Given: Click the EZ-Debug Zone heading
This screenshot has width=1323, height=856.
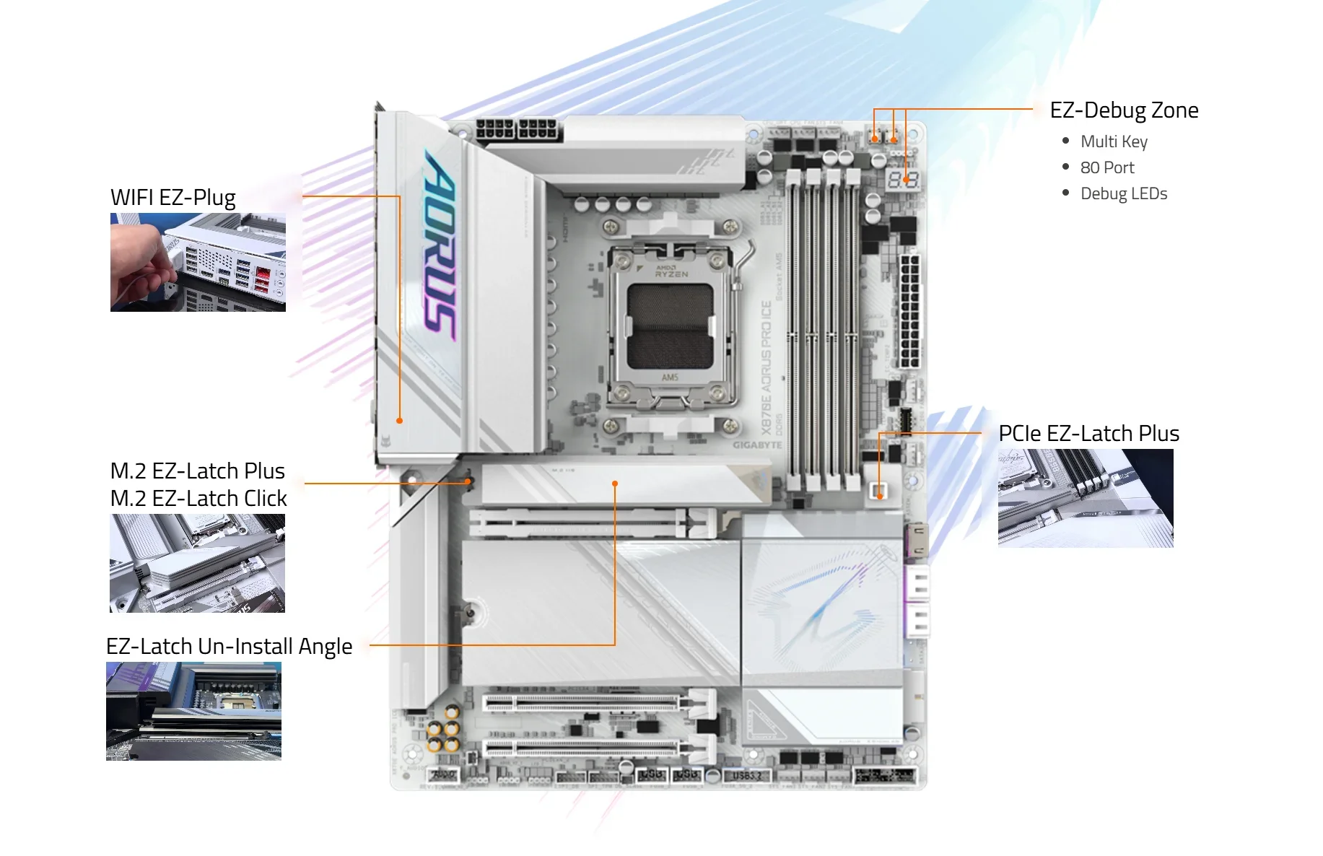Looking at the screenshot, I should pyautogui.click(x=1124, y=110).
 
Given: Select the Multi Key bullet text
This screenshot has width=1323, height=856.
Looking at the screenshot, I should pyautogui.click(x=1114, y=141).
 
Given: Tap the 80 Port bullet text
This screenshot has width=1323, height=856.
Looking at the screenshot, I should pyautogui.click(x=1107, y=167).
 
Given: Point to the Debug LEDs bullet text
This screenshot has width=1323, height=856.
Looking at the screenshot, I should pyautogui.click(x=1124, y=193).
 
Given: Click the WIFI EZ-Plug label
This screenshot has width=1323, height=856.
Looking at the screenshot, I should pyautogui.click(x=173, y=198).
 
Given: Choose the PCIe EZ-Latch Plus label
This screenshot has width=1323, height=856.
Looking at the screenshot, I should pyautogui.click(x=1088, y=433).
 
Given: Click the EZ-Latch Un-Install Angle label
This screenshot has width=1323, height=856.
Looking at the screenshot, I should pyautogui.click(x=229, y=646).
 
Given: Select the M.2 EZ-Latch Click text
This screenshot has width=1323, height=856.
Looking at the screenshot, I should pyautogui.click(x=198, y=498).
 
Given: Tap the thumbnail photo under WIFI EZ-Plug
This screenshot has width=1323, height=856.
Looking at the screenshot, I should pyautogui.click(x=198, y=262).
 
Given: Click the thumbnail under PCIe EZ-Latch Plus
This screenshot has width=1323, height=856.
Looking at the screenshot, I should pyautogui.click(x=1086, y=498).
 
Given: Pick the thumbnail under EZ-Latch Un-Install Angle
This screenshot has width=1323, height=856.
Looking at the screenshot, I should pyautogui.click(x=193, y=711).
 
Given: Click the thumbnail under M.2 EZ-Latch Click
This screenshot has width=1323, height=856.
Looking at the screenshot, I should pyautogui.click(x=197, y=563).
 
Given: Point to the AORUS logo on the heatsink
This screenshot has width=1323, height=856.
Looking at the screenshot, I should pyautogui.click(x=440, y=245).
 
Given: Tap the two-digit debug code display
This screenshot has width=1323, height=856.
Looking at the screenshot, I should pyautogui.click(x=903, y=180).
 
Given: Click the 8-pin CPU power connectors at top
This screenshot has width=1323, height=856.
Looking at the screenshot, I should pyautogui.click(x=517, y=131).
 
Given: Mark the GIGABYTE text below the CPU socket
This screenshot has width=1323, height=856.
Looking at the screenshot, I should pyautogui.click(x=757, y=445).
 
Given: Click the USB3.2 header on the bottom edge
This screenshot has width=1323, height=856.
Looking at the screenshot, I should pyautogui.click(x=746, y=776).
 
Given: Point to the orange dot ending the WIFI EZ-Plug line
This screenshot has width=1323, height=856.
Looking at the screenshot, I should pyautogui.click(x=400, y=420).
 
